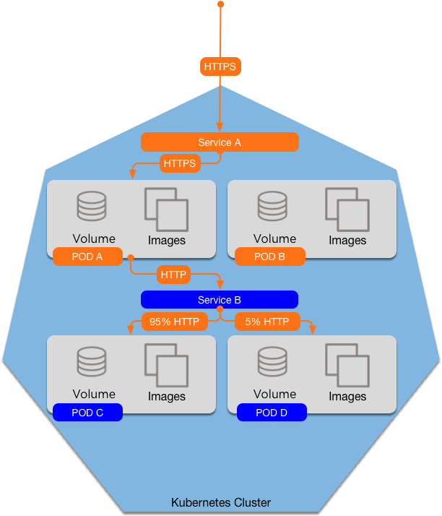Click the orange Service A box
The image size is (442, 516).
pyautogui.click(x=220, y=142)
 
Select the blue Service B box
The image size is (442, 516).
pyautogui.click(x=220, y=300)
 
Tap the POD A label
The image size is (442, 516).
pyautogui.click(x=87, y=257)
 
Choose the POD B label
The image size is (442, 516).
pyautogui.click(x=269, y=257)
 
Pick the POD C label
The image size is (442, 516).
pyautogui.click(x=87, y=413)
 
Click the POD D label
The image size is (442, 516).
pyautogui.click(x=272, y=413)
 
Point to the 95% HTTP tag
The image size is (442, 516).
pyautogui.click(x=175, y=322)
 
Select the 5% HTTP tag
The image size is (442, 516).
pyautogui.click(x=267, y=322)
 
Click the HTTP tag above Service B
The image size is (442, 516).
pyautogui.click(x=173, y=275)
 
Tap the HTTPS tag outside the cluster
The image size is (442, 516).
pyautogui.click(x=220, y=66)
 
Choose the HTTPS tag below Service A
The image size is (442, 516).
pyautogui.click(x=180, y=163)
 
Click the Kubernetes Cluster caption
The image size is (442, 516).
pyautogui.click(x=221, y=503)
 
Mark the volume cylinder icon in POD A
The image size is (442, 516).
pyautogui.click(x=92, y=206)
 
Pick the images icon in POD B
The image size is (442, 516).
pyautogui.click(x=347, y=210)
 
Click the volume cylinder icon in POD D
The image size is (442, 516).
pyautogui.click(x=272, y=361)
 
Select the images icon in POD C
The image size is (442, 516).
pyautogui.click(x=166, y=365)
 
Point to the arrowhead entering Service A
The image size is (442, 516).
pyautogui.click(x=220, y=128)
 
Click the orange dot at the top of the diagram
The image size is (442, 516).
pyautogui.click(x=221, y=4)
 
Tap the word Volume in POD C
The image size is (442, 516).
pyautogui.click(x=94, y=394)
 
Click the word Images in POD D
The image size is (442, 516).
pyautogui.click(x=347, y=397)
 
